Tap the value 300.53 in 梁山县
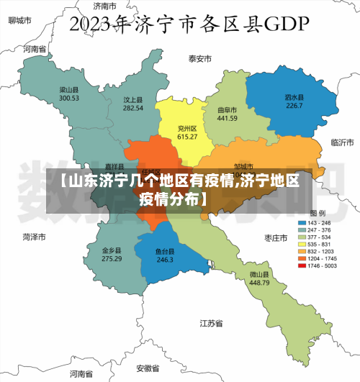pyautogui.click(x=69, y=98)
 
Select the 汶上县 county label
pyautogui.click(x=133, y=100)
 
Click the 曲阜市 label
pyautogui.click(x=228, y=110)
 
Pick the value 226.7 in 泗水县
pyautogui.click(x=294, y=106)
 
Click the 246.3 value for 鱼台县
pyautogui.click(x=165, y=260)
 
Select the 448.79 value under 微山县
pyautogui.click(x=259, y=283)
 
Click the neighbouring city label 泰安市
pyautogui.click(x=200, y=58)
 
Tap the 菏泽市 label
pyautogui.click(x=34, y=237)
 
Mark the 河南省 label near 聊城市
pyautogui.click(x=34, y=50)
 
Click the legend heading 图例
pyautogui.click(x=318, y=214)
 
